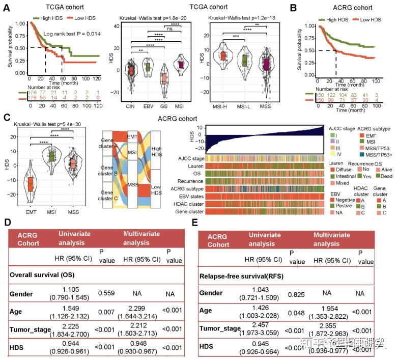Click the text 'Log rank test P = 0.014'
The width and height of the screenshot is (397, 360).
(x=70, y=34)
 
